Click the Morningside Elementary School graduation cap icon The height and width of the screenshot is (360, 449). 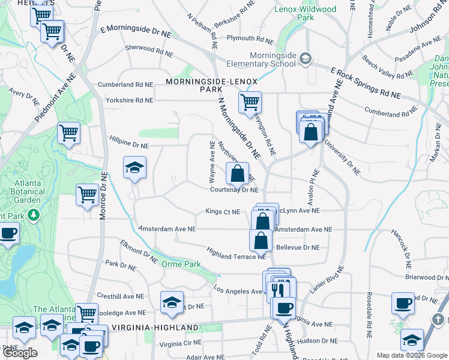(306, 58)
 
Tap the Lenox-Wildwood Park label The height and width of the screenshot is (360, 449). (305, 13)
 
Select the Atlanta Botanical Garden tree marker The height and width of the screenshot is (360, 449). (34, 214)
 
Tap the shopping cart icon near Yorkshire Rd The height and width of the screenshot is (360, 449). (250, 102)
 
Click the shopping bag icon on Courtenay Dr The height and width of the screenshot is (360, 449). (238, 173)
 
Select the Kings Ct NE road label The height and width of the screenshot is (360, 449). (223, 212)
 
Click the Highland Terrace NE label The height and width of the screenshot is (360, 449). (236, 253)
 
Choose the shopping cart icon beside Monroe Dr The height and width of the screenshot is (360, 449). (88, 195)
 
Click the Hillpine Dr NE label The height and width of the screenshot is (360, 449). (129, 141)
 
